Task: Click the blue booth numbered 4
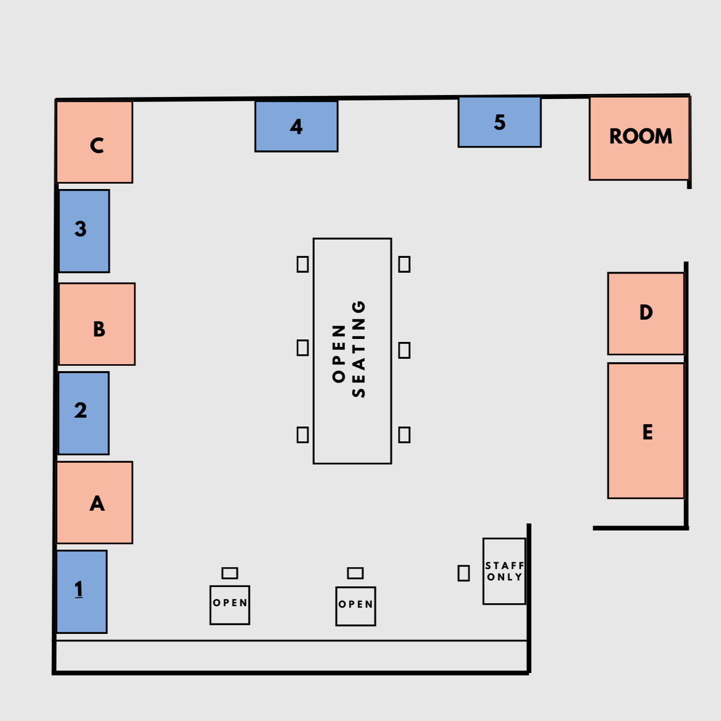click(296, 126)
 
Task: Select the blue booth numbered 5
click(499, 122)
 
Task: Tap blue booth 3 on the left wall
click(84, 231)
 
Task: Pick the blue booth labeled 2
click(83, 413)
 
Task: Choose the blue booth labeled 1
click(82, 591)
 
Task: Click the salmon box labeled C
click(95, 142)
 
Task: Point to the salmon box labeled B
click(97, 324)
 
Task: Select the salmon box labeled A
click(95, 502)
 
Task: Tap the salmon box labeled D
click(646, 313)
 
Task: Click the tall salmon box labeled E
click(646, 431)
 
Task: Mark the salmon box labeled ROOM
click(639, 138)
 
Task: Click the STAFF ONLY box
click(504, 571)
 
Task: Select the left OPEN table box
click(230, 605)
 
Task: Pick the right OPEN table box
click(355, 606)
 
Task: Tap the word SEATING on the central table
click(359, 349)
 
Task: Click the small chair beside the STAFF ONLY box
click(463, 573)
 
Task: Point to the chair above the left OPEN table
click(230, 573)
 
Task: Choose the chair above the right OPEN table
click(355, 573)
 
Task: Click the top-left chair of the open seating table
click(302, 264)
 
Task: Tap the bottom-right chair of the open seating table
click(404, 434)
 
